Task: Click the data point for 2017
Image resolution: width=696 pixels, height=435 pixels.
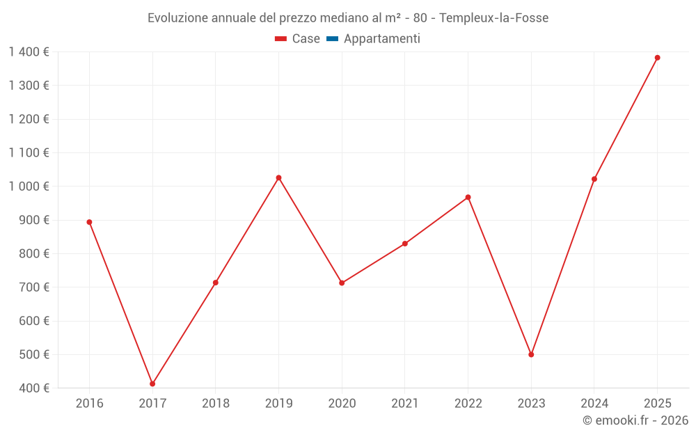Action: pyautogui.click(x=152, y=383)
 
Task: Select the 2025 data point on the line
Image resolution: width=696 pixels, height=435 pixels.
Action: pyautogui.click(x=657, y=58)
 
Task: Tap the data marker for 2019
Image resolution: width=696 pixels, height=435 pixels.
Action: pyautogui.click(x=278, y=177)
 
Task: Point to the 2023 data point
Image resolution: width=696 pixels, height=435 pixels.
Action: pyautogui.click(x=531, y=354)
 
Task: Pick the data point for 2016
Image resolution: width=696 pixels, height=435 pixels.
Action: pyautogui.click(x=89, y=222)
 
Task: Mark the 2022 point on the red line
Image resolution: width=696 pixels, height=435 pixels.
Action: pyautogui.click(x=468, y=197)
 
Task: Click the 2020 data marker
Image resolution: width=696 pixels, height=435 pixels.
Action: pyautogui.click(x=342, y=283)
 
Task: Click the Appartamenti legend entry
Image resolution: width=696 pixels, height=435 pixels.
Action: pyautogui.click(x=381, y=39)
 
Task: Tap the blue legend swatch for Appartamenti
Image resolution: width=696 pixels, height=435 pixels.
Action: pyautogui.click(x=332, y=39)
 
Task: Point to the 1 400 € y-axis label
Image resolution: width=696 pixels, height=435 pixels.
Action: pyautogui.click(x=29, y=52)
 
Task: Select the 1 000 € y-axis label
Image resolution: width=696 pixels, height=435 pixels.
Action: pyautogui.click(x=29, y=186)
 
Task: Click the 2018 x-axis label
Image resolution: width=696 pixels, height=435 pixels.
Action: pyautogui.click(x=215, y=403)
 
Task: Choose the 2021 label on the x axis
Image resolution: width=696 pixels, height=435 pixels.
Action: pyautogui.click(x=404, y=403)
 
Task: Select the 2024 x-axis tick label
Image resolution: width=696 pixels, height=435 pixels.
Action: pyautogui.click(x=594, y=403)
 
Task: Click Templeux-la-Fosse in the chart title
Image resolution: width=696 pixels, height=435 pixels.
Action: pyautogui.click(x=493, y=18)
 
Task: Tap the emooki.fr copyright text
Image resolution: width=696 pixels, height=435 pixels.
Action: pyautogui.click(x=635, y=420)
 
